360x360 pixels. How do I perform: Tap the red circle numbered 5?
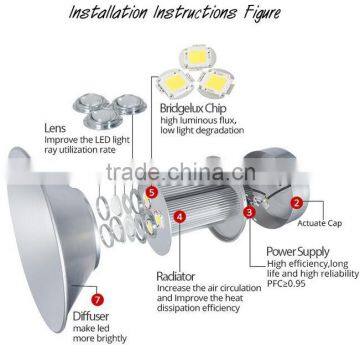(151, 191)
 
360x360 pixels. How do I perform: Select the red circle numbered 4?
(179, 214)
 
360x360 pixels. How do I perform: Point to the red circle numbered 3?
(249, 212)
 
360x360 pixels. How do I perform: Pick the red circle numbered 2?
(297, 202)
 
